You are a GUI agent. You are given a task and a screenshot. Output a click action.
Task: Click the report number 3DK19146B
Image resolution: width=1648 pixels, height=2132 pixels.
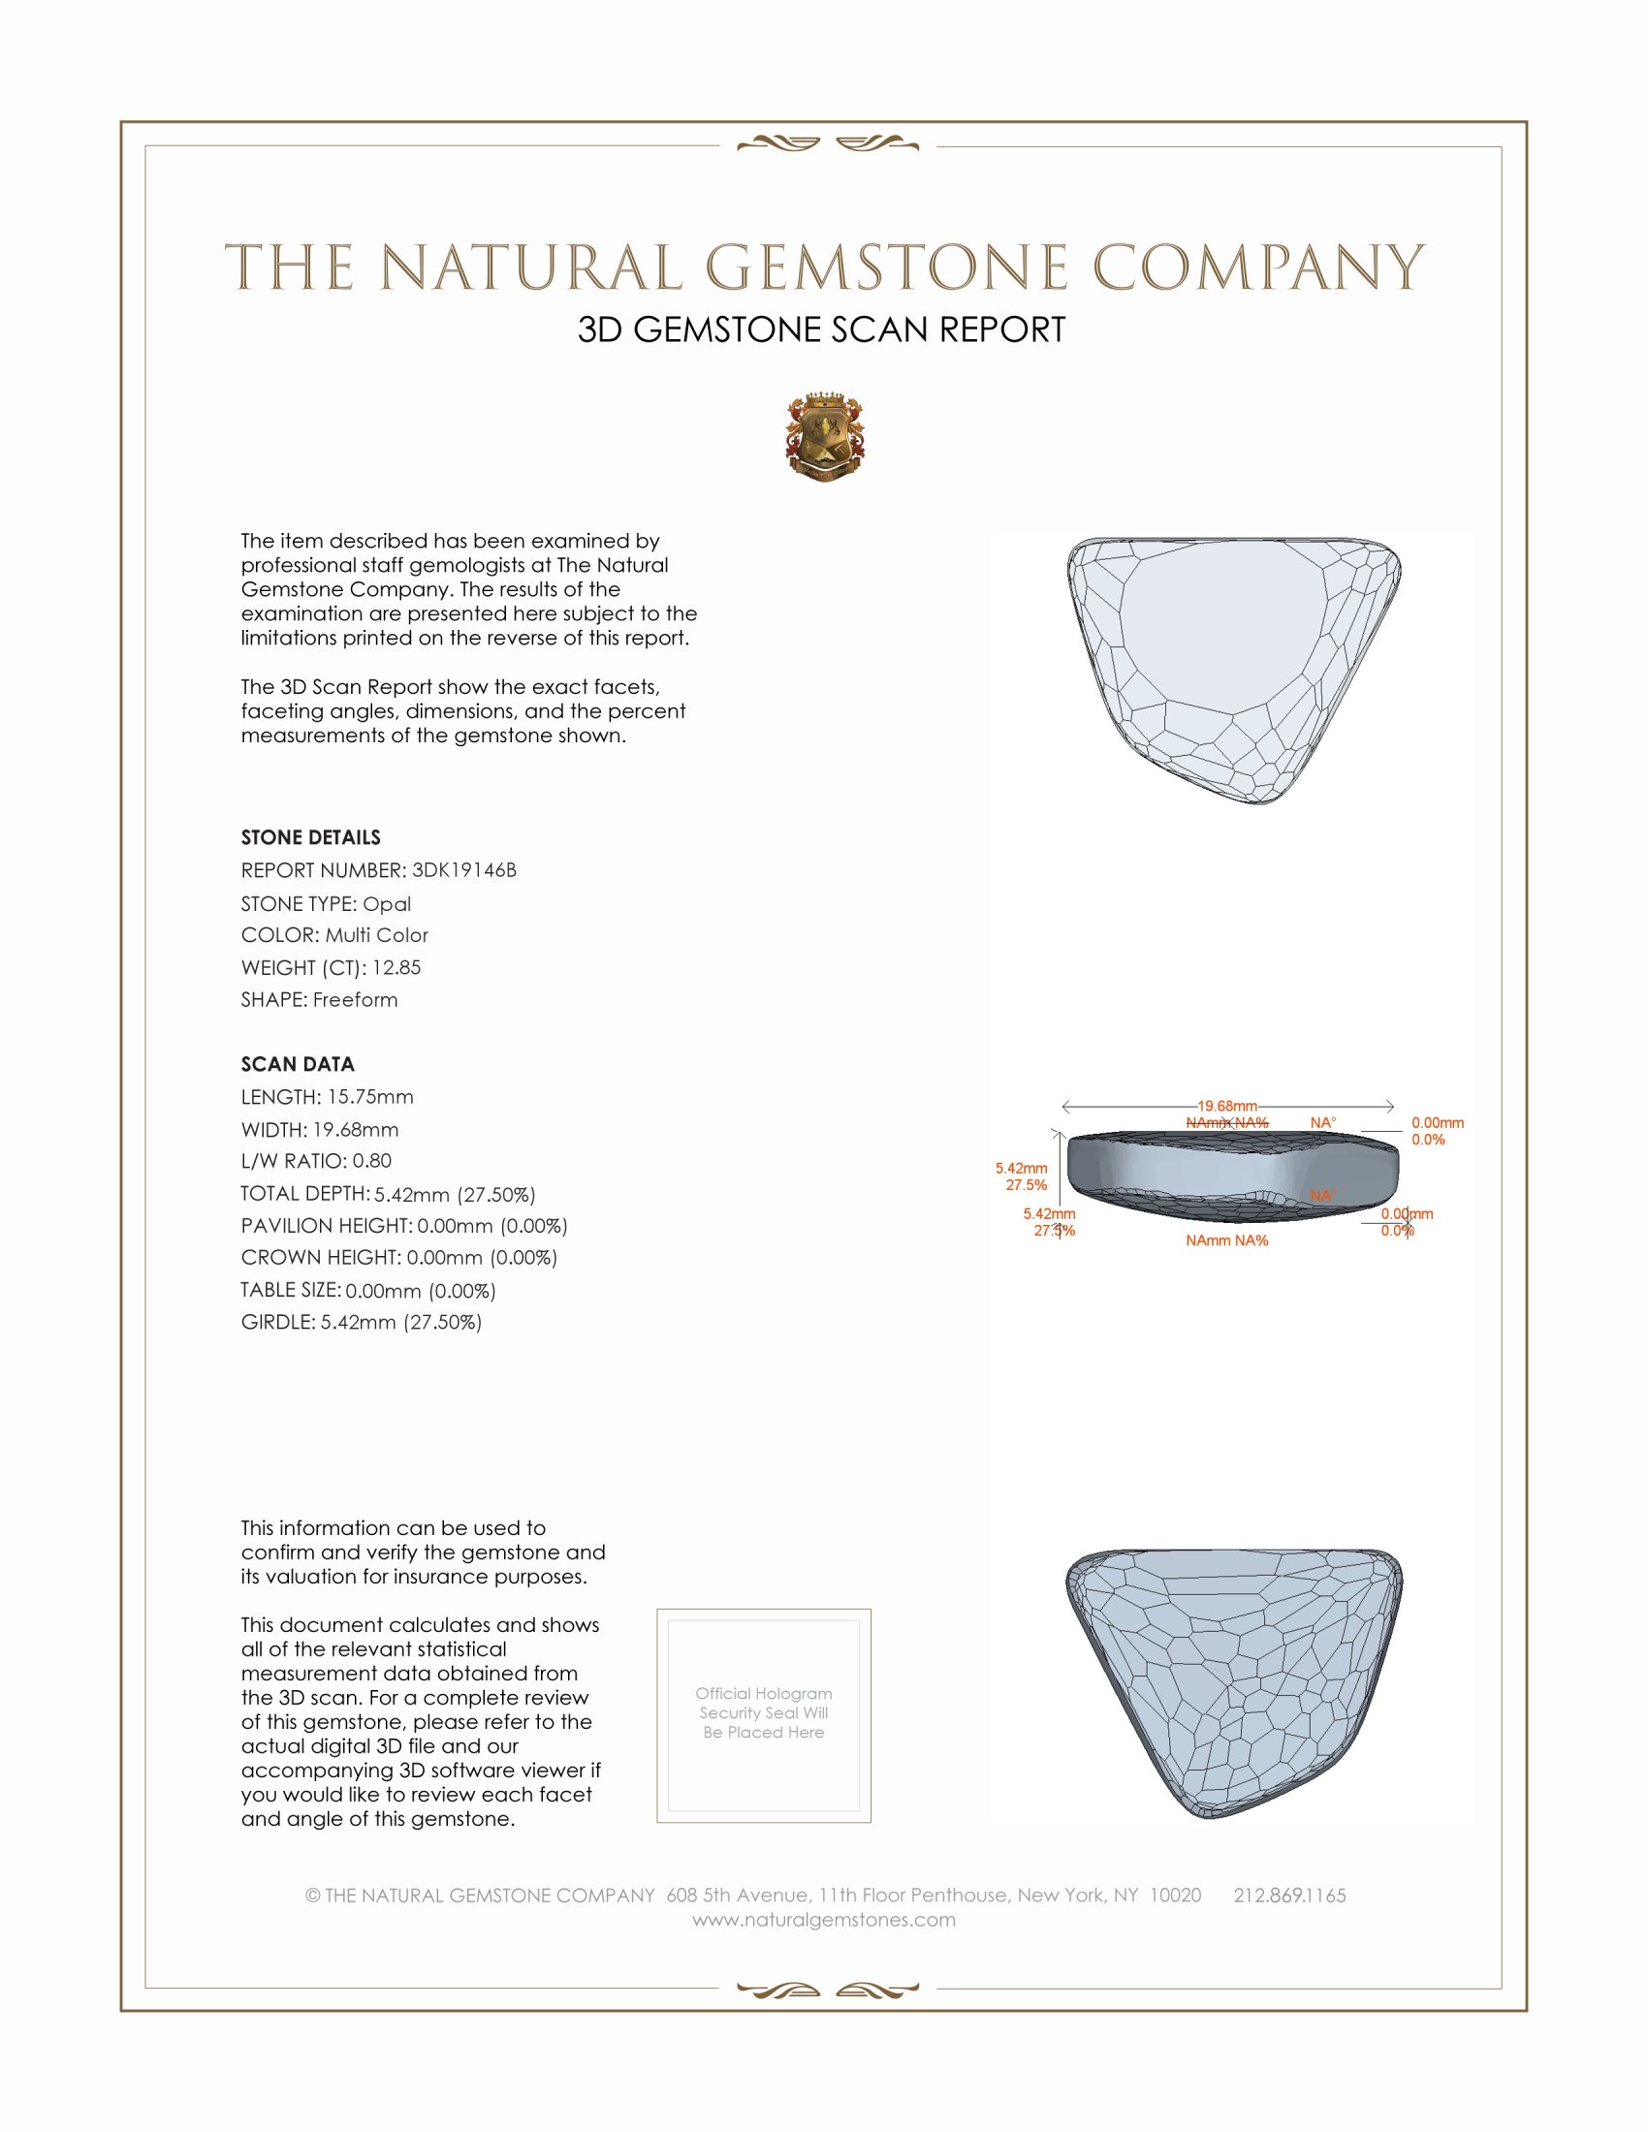[463, 870]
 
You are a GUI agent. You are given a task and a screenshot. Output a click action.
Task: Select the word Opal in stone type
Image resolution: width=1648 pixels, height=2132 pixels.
[387, 904]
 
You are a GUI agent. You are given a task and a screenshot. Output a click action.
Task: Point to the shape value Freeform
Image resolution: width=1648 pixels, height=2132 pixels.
[356, 1000]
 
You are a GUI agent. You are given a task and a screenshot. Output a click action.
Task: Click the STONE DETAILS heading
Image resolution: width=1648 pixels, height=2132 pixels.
[310, 837]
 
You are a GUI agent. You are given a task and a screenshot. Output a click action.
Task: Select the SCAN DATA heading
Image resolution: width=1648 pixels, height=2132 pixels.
[298, 1064]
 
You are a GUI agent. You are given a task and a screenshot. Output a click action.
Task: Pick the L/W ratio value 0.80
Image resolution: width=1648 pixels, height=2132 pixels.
[372, 1161]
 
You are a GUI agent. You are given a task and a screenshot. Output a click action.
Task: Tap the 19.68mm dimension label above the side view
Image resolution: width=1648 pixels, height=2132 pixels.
[1227, 1106]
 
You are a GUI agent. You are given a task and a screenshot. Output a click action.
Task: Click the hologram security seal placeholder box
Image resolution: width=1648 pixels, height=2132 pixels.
[764, 1715]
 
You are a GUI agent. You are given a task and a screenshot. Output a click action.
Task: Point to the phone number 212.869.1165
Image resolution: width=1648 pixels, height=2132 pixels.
[1289, 1895]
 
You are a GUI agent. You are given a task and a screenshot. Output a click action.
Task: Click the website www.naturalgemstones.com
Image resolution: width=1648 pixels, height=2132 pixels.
[824, 1920]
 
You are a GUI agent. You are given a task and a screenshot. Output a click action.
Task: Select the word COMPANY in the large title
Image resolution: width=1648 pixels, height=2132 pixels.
[1258, 267]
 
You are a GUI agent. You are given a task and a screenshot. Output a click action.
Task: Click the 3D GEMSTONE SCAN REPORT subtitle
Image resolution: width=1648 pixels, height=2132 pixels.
[821, 329]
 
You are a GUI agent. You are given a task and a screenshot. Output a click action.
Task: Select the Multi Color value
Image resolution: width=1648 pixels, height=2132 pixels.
[377, 935]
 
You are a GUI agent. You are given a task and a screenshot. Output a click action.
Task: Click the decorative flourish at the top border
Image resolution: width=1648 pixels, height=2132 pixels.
[828, 145]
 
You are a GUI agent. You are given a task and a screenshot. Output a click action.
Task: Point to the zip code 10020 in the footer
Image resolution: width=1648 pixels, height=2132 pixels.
[1176, 1895]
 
